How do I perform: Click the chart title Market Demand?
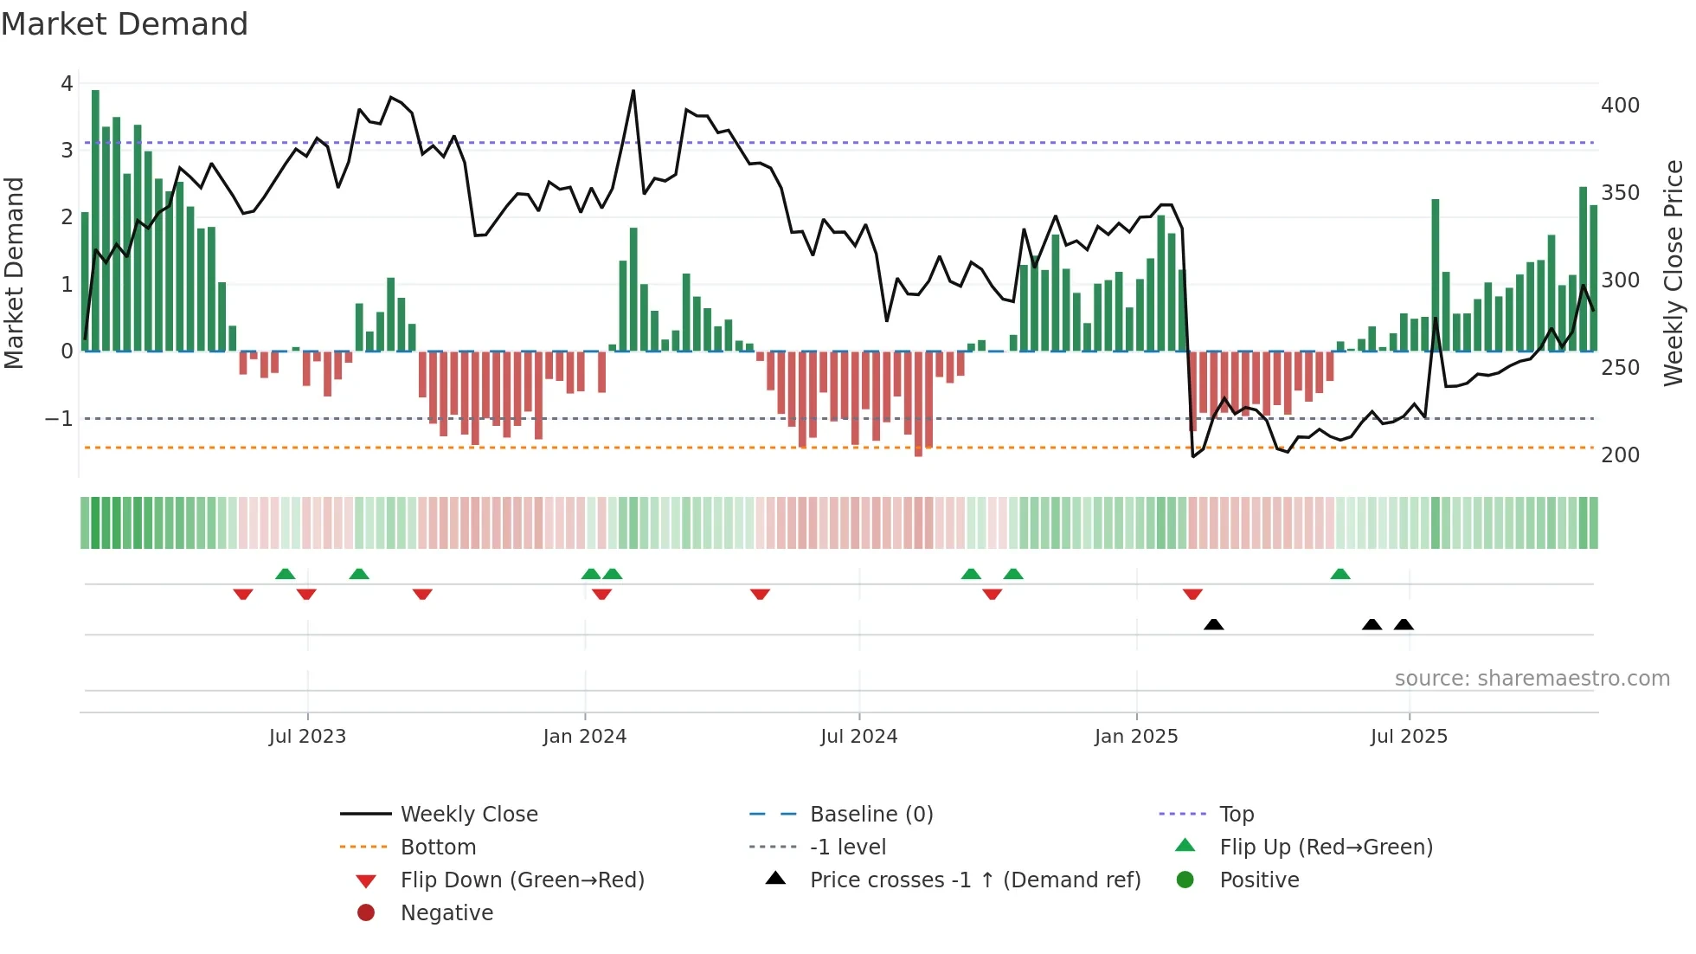125,24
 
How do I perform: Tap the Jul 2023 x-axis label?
307,737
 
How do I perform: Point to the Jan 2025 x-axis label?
1135,737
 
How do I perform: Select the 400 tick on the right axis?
1620,106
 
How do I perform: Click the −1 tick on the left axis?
60,419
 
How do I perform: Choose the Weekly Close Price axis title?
1674,273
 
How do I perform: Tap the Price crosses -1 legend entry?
974,880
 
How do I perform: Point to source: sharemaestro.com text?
1532,679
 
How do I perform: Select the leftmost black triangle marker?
1213,624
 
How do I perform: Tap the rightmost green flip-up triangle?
1339,574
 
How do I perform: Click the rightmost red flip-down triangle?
1192,594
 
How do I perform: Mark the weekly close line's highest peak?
633,91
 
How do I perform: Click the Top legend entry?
1236,815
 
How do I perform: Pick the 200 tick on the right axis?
1620,455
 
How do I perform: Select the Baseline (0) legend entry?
870,815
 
